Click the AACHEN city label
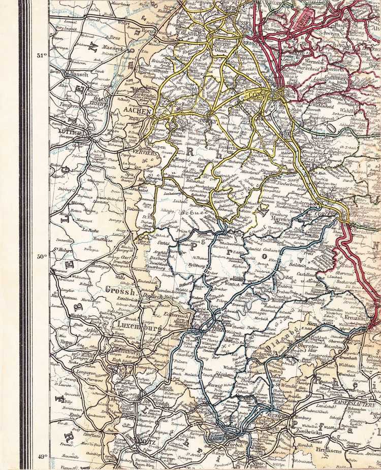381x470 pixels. [136, 110]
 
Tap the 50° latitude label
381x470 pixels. [41, 256]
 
